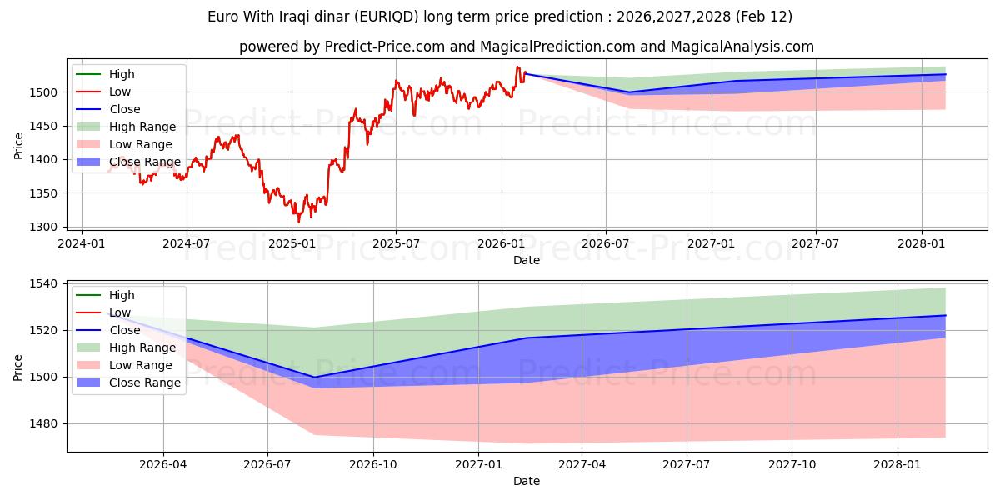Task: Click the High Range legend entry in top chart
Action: [142, 127]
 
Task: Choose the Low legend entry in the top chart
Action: [120, 92]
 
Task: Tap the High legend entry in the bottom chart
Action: [122, 295]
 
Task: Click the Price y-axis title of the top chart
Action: [19, 146]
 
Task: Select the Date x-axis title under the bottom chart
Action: [526, 481]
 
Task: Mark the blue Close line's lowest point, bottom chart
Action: [314, 377]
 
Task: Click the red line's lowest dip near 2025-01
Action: [298, 222]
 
